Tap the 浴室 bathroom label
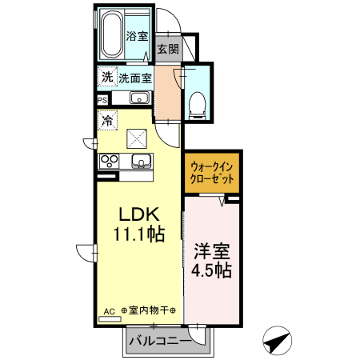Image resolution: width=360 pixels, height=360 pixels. click(137, 36)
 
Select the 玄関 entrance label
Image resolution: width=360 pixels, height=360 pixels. click(167, 49)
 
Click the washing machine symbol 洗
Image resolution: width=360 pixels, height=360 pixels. click(106, 78)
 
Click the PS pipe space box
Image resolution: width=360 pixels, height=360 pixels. click(102, 99)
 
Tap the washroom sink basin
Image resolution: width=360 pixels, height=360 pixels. click(137, 99)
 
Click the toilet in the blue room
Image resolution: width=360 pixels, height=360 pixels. click(198, 103)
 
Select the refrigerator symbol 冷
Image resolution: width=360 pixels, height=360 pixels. click(106, 122)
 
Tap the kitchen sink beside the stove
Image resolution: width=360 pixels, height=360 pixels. click(139, 162)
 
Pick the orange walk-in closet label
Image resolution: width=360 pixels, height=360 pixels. click(212, 175)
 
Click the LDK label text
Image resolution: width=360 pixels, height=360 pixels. click(140, 215)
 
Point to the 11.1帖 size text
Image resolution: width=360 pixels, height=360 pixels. click(140, 235)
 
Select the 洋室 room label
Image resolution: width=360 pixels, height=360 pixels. click(211, 250)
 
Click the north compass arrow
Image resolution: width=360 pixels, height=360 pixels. click(277, 342)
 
